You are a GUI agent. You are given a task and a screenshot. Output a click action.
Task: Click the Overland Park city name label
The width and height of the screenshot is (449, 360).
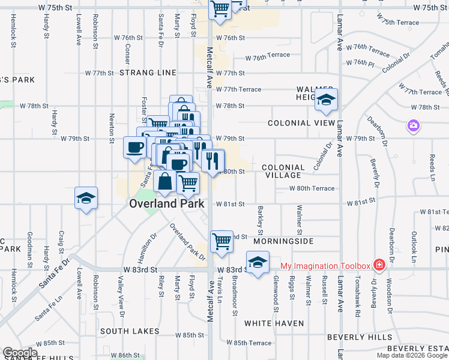coord(167,203)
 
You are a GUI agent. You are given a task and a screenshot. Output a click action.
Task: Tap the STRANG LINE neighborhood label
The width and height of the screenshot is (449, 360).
coord(148,73)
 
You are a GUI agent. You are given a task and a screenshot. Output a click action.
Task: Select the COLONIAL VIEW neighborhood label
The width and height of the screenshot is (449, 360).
coord(301,123)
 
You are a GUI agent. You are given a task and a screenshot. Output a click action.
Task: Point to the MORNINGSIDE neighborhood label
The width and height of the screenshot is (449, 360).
coord(283,241)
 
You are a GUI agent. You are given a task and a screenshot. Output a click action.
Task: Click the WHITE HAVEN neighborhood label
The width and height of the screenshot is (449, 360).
coord(274,323)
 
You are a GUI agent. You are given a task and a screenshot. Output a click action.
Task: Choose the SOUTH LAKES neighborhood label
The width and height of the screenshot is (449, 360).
coord(130,331)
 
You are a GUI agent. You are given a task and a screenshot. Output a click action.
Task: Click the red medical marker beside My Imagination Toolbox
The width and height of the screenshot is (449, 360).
coord(379,265)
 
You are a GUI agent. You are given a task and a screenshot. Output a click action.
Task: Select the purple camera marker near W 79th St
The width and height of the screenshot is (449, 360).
coord(413,125)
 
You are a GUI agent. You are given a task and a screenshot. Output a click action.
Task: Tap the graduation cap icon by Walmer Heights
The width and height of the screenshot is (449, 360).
coord(326,100)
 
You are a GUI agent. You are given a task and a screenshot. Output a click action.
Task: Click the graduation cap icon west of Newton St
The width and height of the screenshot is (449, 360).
coord(86,198)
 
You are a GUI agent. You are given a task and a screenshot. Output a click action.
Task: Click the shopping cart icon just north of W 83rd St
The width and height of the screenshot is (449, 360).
coord(221,241)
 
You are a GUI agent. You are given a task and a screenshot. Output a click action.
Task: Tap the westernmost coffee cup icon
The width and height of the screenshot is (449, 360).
coord(134,147)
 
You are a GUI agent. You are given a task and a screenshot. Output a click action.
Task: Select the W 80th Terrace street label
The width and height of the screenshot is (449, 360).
coord(312,188)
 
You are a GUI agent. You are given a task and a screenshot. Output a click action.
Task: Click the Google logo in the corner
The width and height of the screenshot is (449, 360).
coord(20,353)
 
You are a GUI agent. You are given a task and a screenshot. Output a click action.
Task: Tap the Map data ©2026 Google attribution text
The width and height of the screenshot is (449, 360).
coord(412,355)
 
